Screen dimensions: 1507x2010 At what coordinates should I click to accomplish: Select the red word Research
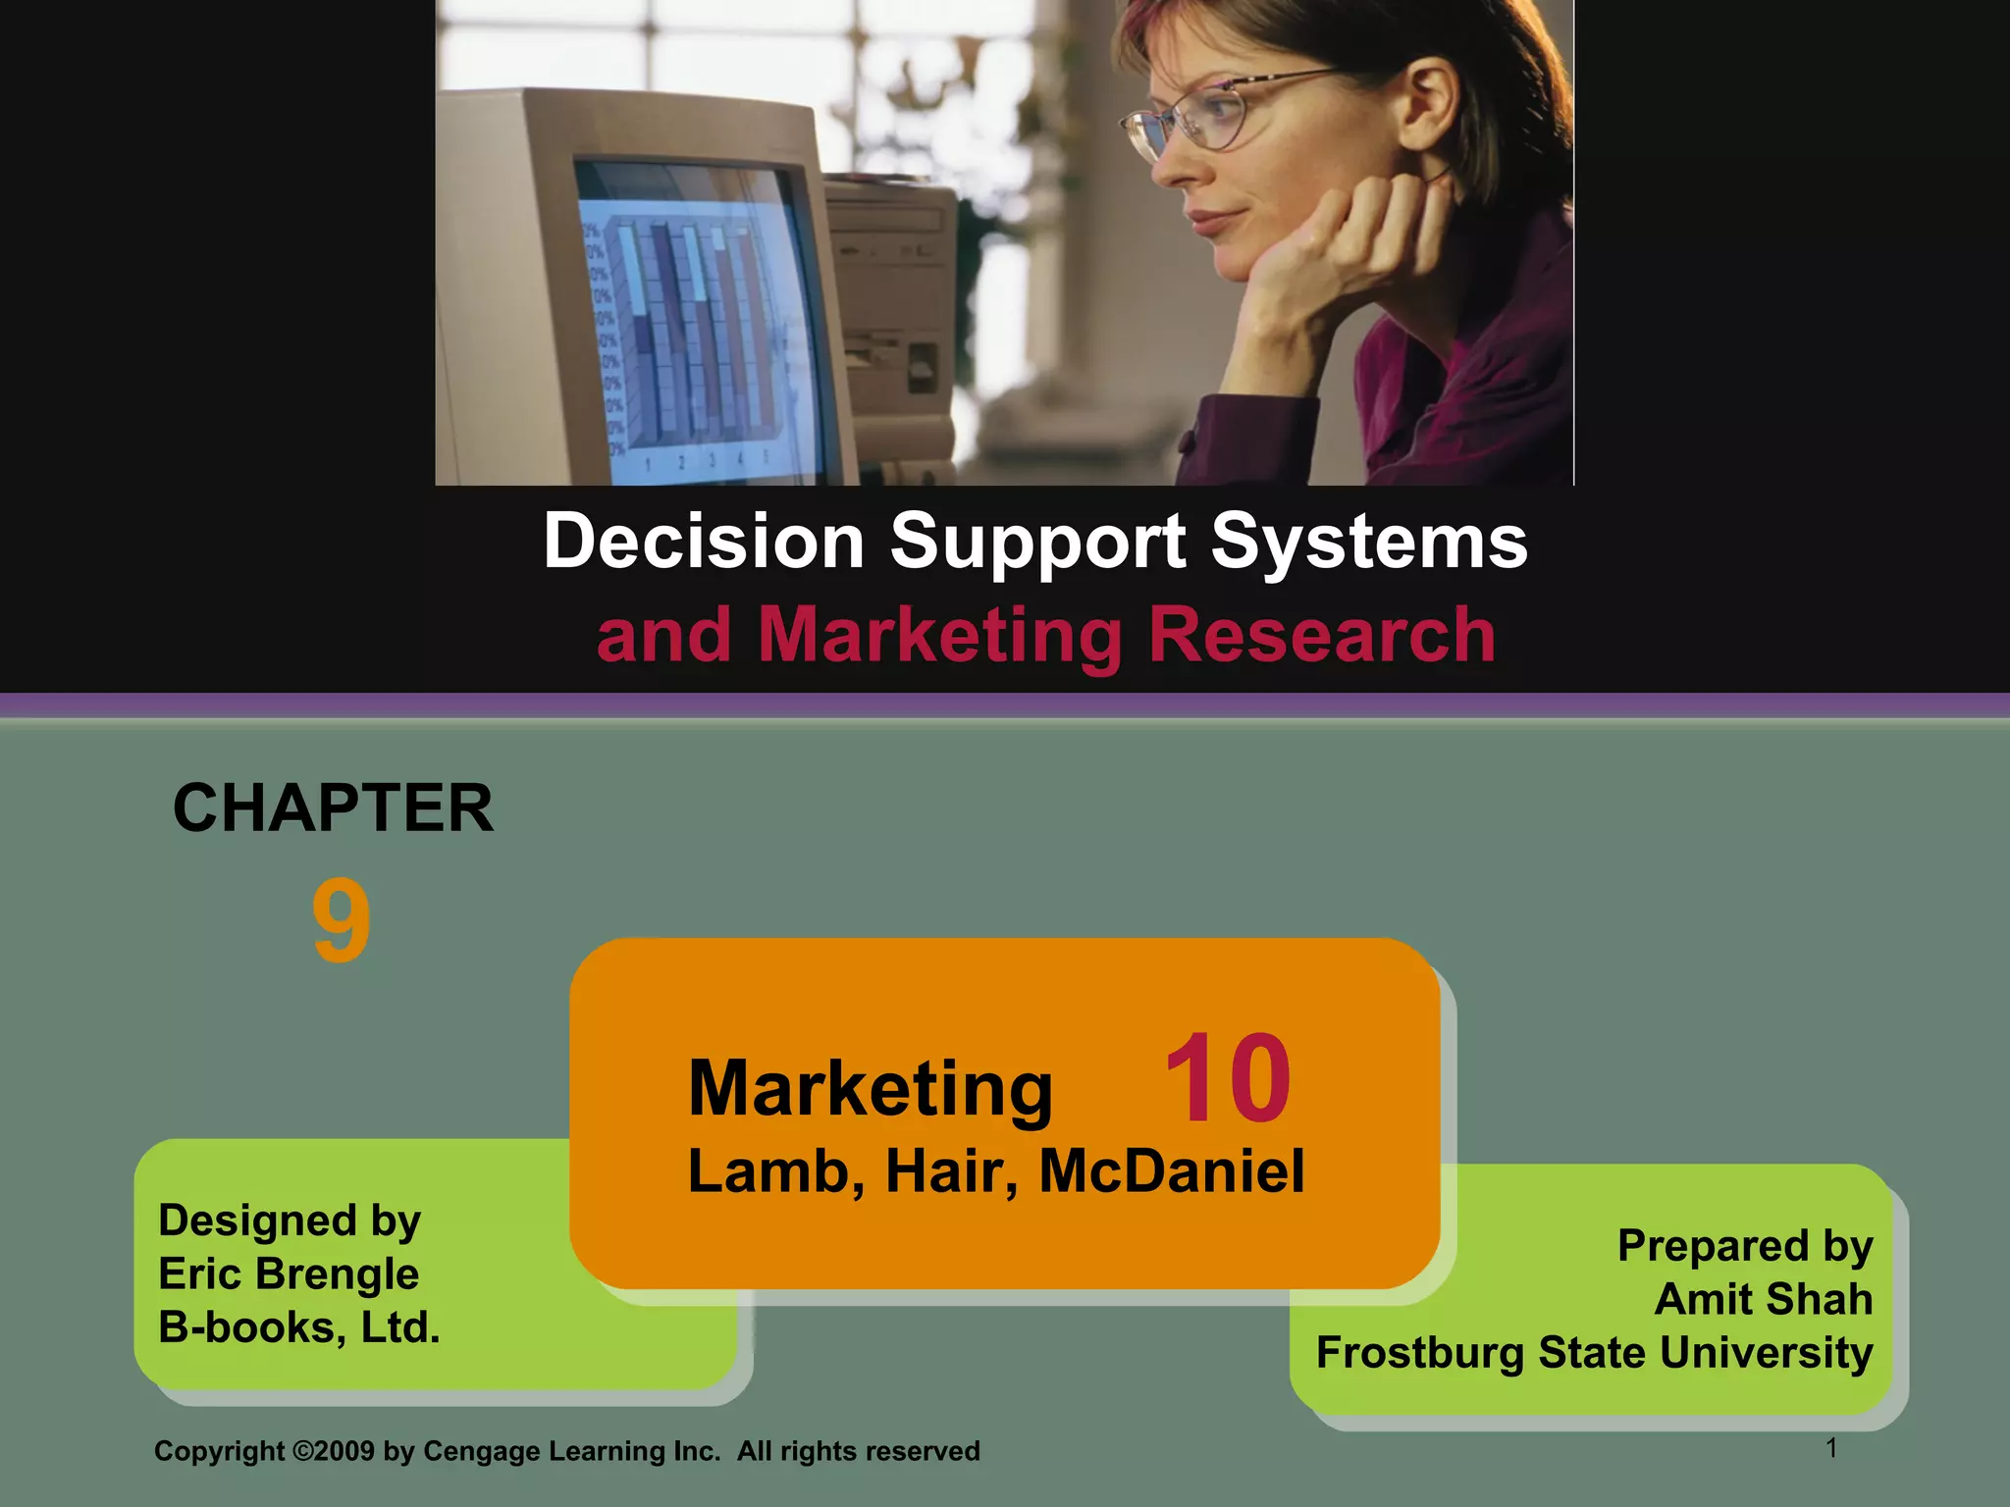pyautogui.click(x=1321, y=635)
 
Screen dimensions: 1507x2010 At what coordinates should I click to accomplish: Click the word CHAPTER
pyautogui.click(x=334, y=808)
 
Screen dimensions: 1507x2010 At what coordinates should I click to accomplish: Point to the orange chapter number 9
pyautogui.click(x=342, y=921)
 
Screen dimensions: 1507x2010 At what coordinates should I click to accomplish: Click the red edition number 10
pyautogui.click(x=1227, y=1079)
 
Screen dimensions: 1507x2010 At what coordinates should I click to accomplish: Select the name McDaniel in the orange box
pyautogui.click(x=1172, y=1171)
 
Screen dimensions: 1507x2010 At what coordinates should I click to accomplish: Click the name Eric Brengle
pyautogui.click(x=289, y=1274)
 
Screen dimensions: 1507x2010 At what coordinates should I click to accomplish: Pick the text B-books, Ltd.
pyautogui.click(x=299, y=1327)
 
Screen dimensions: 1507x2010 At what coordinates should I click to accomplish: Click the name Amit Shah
pyautogui.click(x=1764, y=1299)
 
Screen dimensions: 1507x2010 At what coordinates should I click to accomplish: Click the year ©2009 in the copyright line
pyautogui.click(x=334, y=1451)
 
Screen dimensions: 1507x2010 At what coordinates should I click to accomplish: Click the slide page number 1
pyautogui.click(x=1831, y=1448)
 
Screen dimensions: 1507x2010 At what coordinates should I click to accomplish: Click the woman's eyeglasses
pyautogui.click(x=1217, y=113)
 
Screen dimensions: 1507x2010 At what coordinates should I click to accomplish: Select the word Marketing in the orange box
pyautogui.click(x=871, y=1089)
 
